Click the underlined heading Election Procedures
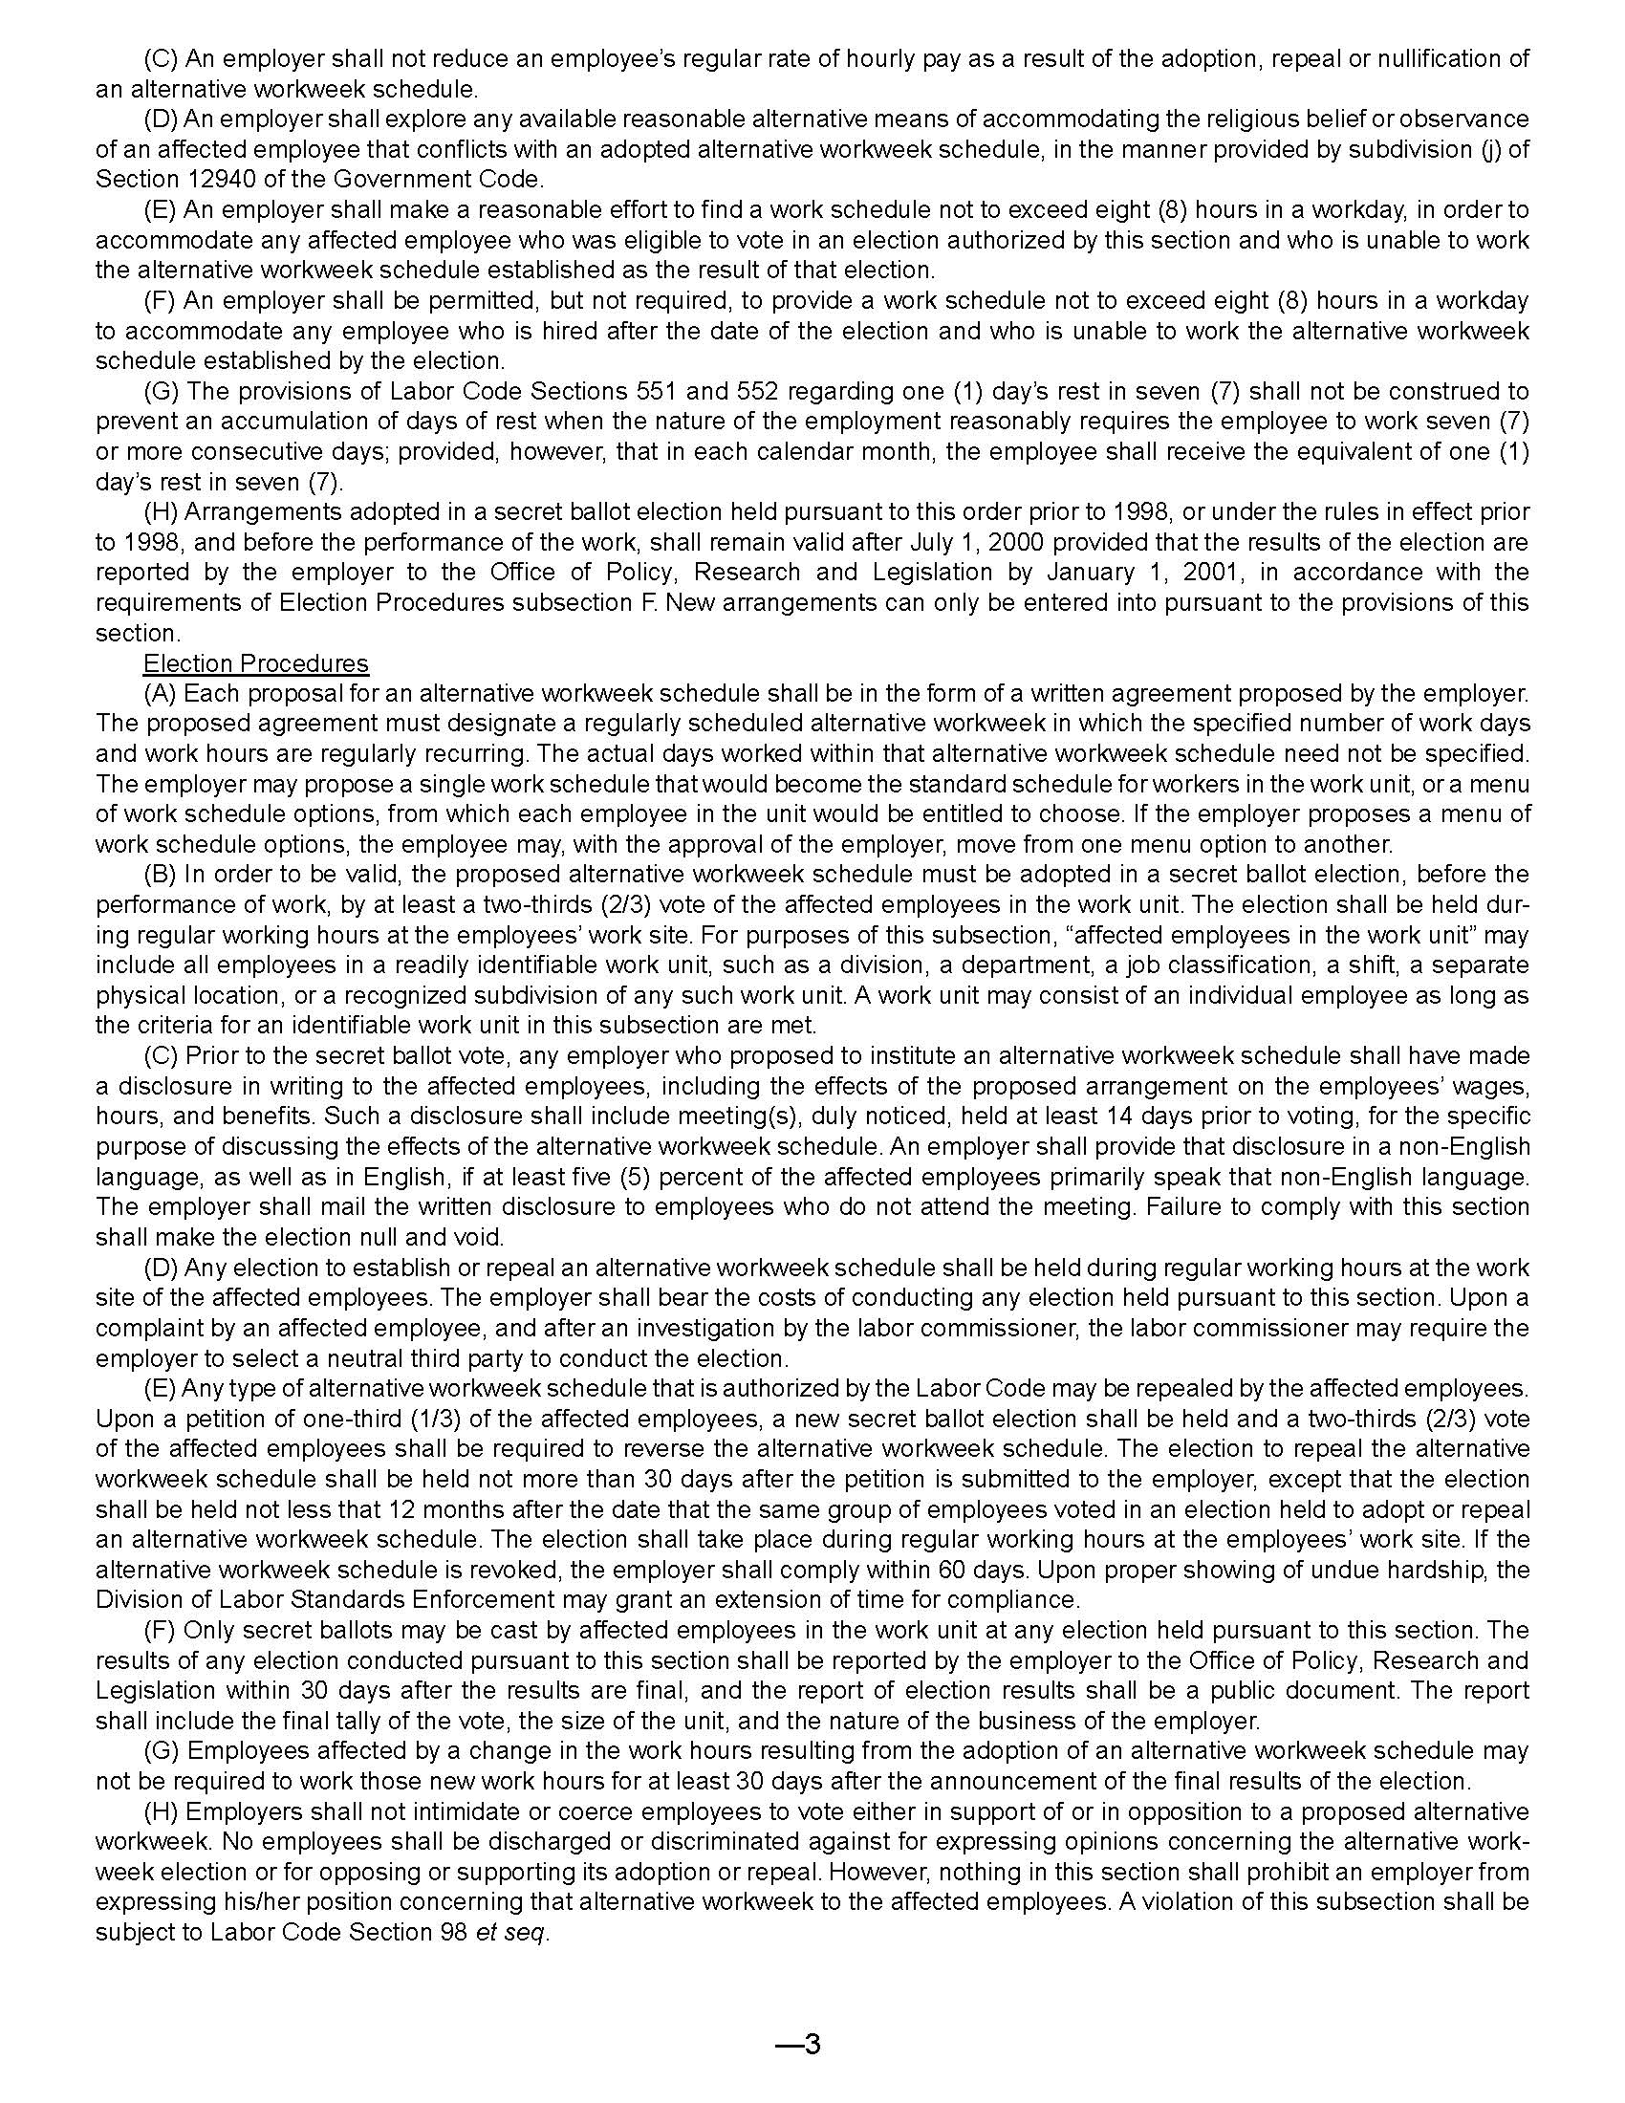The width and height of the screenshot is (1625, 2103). pos(256,663)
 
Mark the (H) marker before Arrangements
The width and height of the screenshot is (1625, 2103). pos(160,511)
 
